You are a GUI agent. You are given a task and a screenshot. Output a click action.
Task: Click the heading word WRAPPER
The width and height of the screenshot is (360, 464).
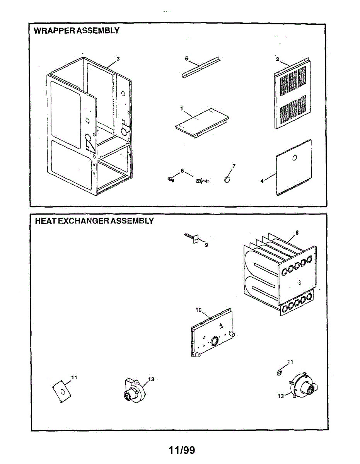point(55,31)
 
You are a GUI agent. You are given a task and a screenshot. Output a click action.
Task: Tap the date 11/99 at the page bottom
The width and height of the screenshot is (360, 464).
point(182,450)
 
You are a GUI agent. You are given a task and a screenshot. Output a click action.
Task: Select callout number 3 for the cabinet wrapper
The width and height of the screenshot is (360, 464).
point(118,59)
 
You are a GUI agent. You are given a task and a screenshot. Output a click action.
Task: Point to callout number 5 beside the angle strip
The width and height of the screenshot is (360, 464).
point(186,58)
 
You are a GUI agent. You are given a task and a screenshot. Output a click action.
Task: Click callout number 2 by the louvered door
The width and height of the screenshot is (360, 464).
point(277,60)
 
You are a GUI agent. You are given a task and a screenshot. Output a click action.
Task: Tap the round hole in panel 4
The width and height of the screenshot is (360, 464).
point(294,158)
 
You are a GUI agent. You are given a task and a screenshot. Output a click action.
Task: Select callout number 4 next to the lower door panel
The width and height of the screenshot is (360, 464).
point(262,181)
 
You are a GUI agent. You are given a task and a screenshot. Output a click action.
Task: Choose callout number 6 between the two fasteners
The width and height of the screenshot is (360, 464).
point(182,171)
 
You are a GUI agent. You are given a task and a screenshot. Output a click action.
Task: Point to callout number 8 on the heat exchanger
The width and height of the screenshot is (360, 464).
point(297,233)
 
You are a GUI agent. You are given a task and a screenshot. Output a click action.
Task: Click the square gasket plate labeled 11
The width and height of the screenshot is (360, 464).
point(62,391)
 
